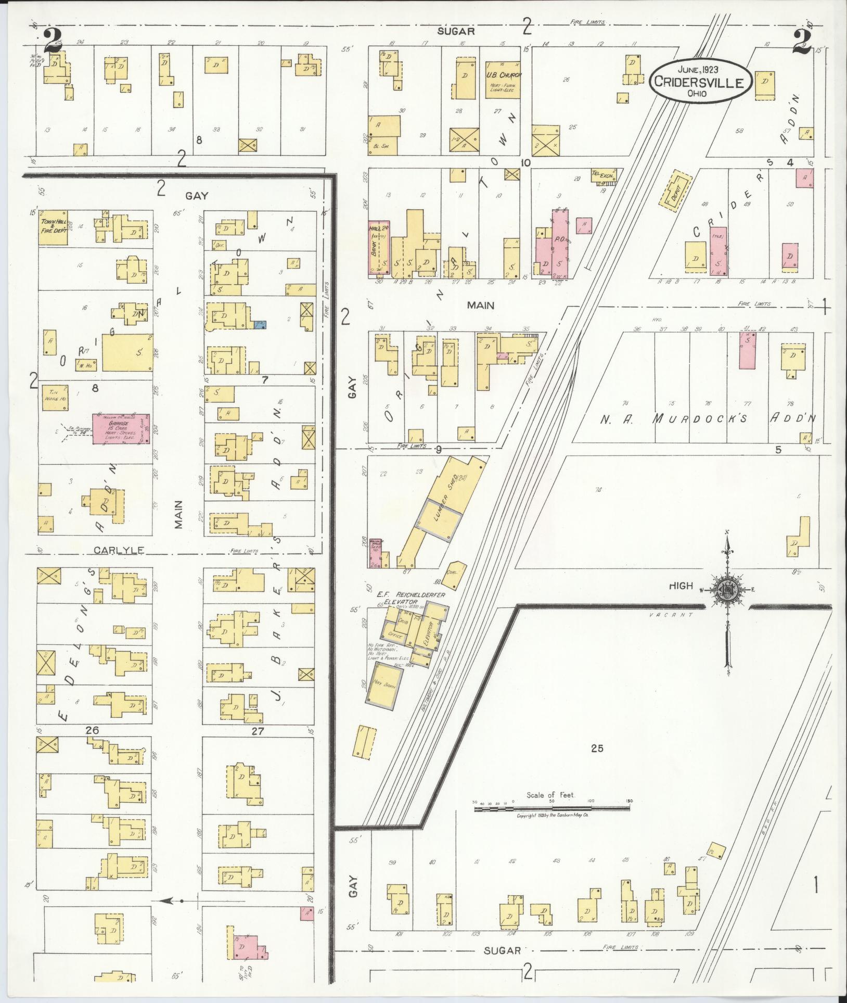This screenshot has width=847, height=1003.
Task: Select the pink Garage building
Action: click(x=122, y=428)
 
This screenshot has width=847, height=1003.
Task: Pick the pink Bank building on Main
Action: click(x=379, y=247)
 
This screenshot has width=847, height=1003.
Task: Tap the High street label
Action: click(x=681, y=586)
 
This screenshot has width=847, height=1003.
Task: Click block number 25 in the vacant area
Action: click(x=597, y=748)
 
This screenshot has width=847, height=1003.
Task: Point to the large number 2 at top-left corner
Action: click(x=53, y=41)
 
